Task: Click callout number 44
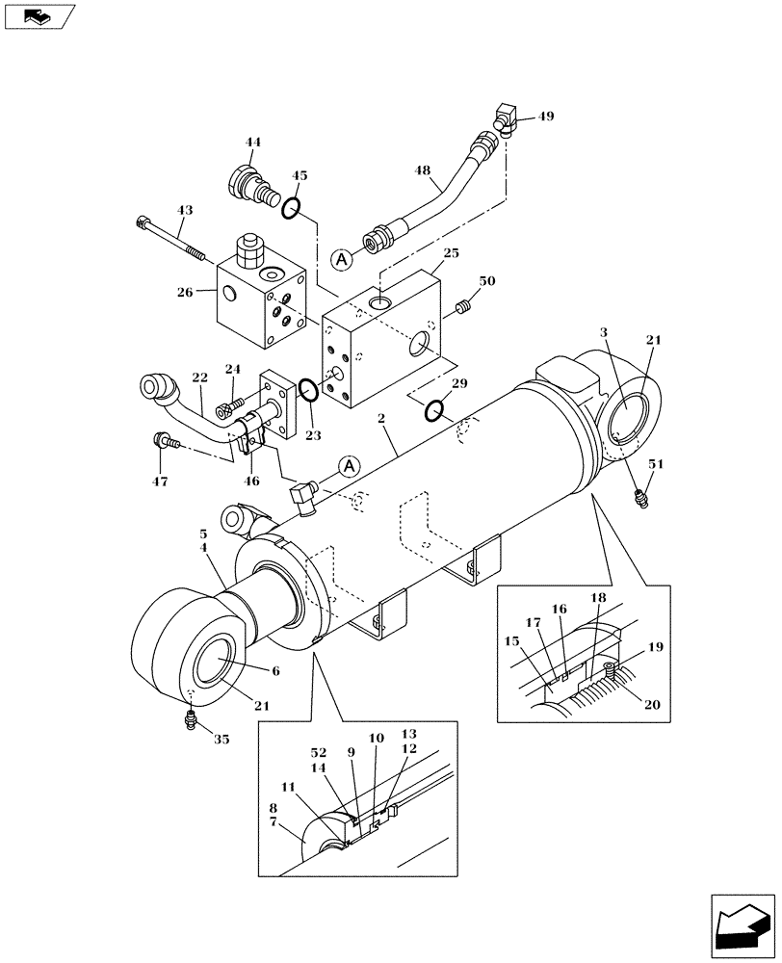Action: pyautogui.click(x=253, y=143)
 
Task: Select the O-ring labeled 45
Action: pyautogui.click(x=294, y=206)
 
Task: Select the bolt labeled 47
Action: pyautogui.click(x=163, y=442)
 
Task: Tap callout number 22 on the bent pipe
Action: pyautogui.click(x=198, y=380)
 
